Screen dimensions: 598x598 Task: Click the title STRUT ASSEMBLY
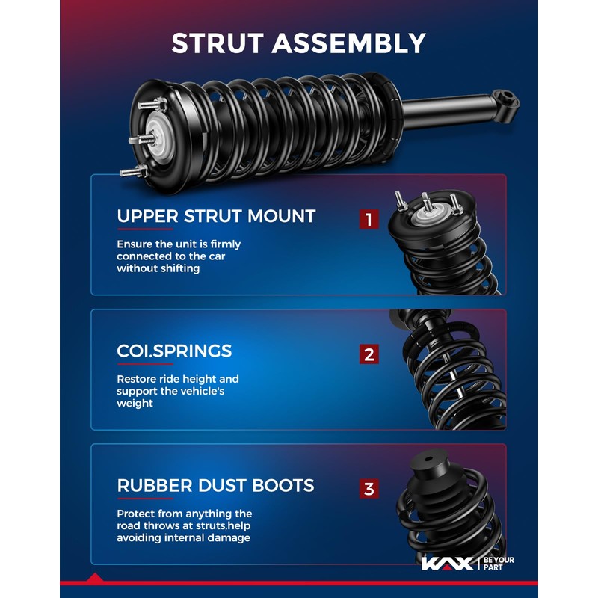tap(298, 43)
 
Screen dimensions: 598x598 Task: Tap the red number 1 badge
tap(369, 219)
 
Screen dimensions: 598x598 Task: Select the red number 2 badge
tap(369, 354)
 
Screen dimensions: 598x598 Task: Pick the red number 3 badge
tap(369, 489)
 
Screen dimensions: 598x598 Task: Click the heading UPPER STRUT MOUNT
tap(216, 217)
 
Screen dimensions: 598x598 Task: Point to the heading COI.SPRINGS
tap(174, 351)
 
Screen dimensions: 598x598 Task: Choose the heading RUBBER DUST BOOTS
tap(215, 486)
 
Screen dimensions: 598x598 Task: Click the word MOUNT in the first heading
tap(283, 217)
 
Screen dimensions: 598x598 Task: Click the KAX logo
tap(447, 563)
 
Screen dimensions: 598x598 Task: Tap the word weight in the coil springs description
tap(135, 404)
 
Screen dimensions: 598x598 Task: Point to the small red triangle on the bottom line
tap(95, 578)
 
